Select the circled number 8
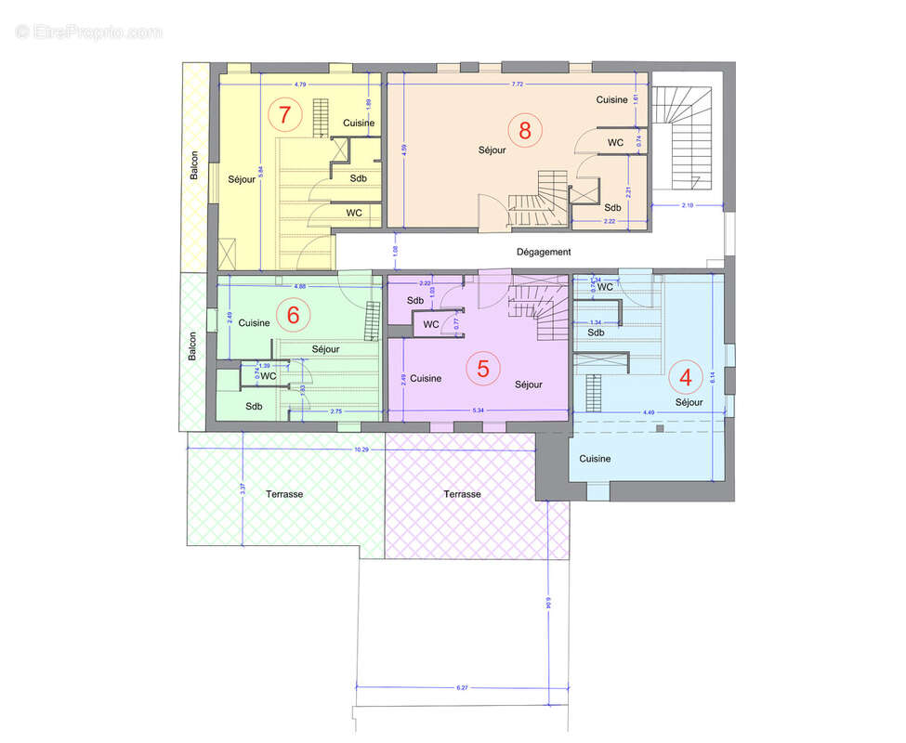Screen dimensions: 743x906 (x=525, y=130)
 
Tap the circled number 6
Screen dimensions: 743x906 (x=293, y=315)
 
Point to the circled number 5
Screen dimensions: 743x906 (x=483, y=368)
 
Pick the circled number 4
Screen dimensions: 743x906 (x=686, y=377)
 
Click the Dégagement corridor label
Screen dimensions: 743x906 (x=544, y=252)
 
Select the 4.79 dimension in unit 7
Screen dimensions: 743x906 (x=299, y=85)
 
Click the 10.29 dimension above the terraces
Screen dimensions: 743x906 (x=361, y=450)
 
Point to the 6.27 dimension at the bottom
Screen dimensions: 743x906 (x=462, y=687)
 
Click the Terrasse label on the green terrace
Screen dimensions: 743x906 (x=283, y=494)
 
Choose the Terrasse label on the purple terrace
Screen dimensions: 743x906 (x=462, y=494)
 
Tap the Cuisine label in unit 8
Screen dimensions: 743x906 (x=612, y=99)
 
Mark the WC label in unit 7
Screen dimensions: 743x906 (x=354, y=213)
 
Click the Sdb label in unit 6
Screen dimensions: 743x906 (x=254, y=406)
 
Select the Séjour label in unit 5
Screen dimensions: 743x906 (x=528, y=385)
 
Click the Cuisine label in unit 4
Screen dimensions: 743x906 (x=595, y=459)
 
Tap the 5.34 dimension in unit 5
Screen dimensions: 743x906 (x=479, y=410)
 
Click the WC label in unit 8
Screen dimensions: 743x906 (x=616, y=142)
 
